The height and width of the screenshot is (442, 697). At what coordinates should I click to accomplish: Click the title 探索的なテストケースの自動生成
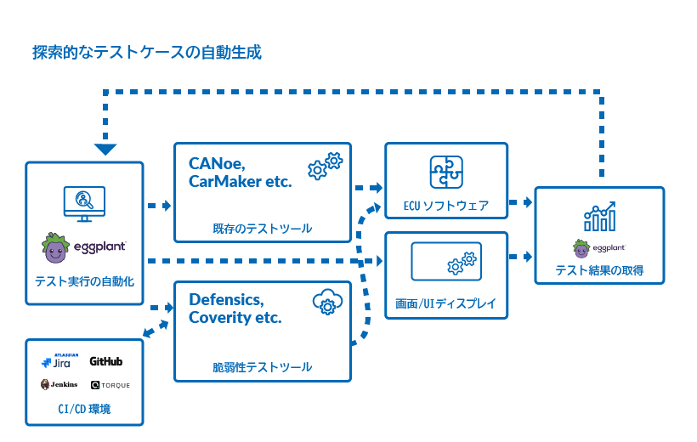[x=146, y=53]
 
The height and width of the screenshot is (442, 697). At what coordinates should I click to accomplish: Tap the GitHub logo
[x=105, y=361]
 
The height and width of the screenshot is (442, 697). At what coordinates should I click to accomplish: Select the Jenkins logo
[x=59, y=384]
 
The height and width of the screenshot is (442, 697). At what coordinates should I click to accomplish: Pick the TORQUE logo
[x=110, y=385]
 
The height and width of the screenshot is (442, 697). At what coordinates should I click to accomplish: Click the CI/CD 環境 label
[x=84, y=410]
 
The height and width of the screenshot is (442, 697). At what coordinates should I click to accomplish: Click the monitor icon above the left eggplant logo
[x=84, y=203]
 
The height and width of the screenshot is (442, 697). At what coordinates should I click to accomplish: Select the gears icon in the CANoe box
[x=325, y=166]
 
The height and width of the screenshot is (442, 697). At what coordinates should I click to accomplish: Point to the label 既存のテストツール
[x=262, y=228]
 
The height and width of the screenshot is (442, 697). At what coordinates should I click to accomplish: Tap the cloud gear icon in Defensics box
[x=326, y=303]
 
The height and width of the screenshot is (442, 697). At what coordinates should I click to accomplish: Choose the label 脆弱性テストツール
[x=262, y=367]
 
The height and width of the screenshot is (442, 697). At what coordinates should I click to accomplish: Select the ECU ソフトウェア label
[x=446, y=206]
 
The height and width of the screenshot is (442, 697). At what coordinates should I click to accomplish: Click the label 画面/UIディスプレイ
[x=446, y=303]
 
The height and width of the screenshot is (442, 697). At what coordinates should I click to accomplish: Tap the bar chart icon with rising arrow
[x=599, y=218]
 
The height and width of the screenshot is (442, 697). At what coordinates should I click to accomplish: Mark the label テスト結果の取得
[x=599, y=270]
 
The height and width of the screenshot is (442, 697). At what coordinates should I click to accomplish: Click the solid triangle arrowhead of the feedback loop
[x=105, y=150]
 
